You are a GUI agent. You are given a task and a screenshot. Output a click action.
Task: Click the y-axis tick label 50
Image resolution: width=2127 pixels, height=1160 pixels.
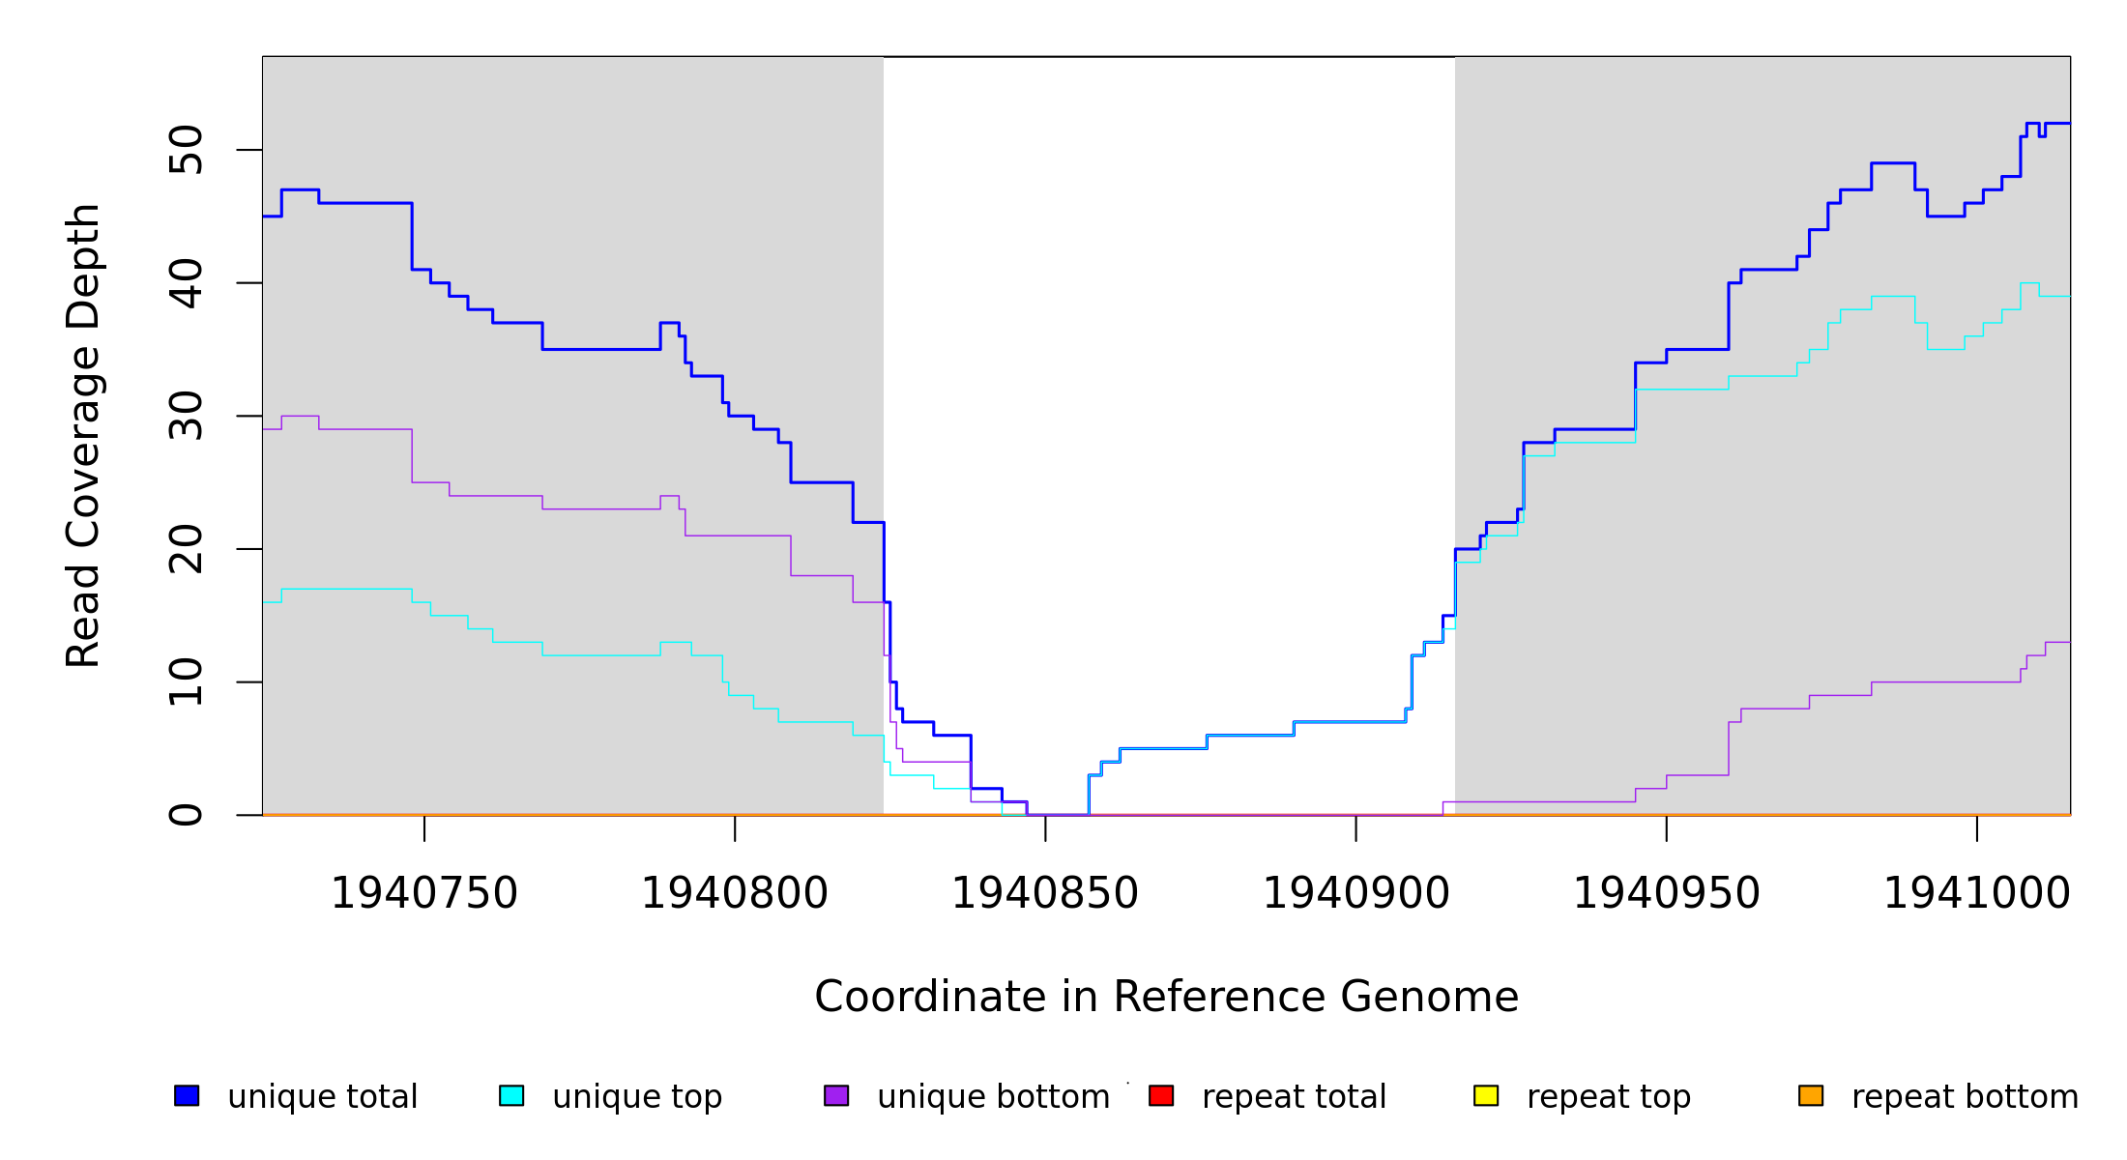point(186,150)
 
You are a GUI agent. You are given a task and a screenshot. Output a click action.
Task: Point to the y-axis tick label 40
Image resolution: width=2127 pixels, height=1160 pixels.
point(186,283)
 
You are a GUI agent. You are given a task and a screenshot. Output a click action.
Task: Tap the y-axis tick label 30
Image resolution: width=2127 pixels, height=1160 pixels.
point(186,417)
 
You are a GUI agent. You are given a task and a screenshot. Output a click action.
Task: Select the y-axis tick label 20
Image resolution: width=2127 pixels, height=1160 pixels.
point(186,549)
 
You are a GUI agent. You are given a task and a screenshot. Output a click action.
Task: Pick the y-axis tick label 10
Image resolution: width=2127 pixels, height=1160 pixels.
point(186,682)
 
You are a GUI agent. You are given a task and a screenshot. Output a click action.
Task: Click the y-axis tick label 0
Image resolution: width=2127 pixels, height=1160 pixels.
point(186,815)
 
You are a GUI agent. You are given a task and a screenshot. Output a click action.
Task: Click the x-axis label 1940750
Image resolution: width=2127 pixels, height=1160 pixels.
point(424,893)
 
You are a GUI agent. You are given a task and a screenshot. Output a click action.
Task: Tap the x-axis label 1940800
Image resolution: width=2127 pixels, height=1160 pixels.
point(735,893)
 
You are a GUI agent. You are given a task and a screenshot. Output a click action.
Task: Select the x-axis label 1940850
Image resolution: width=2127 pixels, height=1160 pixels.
point(1045,893)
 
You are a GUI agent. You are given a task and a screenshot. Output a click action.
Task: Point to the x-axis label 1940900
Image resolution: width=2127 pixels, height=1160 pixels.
point(1356,893)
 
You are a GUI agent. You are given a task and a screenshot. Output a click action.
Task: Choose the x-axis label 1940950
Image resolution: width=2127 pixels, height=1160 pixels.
point(1667,893)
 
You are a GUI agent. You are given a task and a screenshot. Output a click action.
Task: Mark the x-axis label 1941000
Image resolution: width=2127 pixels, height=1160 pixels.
point(1977,893)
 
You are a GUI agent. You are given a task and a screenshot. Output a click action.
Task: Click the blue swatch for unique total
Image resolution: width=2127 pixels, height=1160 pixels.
point(187,1095)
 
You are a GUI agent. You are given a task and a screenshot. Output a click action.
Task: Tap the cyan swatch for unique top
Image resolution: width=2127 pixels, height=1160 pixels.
point(511,1095)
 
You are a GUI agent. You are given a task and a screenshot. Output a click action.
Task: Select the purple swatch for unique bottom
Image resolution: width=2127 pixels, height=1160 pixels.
point(836,1095)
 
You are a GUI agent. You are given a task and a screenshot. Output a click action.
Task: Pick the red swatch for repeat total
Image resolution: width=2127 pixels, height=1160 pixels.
point(1161,1095)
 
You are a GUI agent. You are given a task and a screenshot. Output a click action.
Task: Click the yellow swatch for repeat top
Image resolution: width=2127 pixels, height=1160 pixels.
point(1486,1095)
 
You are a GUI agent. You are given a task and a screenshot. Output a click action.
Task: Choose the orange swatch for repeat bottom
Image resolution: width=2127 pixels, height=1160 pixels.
point(1811,1095)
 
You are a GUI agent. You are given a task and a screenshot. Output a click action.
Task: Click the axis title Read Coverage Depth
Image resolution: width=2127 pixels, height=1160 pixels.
point(83,435)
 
